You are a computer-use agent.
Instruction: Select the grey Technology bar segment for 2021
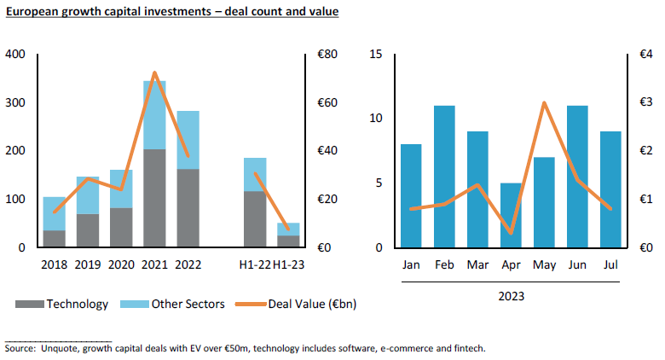pyautogui.click(x=154, y=198)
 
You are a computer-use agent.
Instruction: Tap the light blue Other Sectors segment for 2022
pyautogui.click(x=188, y=140)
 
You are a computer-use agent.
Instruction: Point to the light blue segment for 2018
pyautogui.click(x=55, y=213)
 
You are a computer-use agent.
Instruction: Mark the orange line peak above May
pyautogui.click(x=544, y=102)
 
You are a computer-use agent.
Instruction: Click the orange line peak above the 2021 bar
pyautogui.click(x=154, y=73)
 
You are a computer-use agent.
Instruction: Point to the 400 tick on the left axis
pyautogui.click(x=15, y=55)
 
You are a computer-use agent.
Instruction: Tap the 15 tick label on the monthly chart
pyautogui.click(x=376, y=55)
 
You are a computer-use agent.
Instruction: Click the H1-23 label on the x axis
pyautogui.click(x=288, y=264)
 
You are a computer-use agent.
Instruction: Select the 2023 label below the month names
pyautogui.click(x=510, y=296)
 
